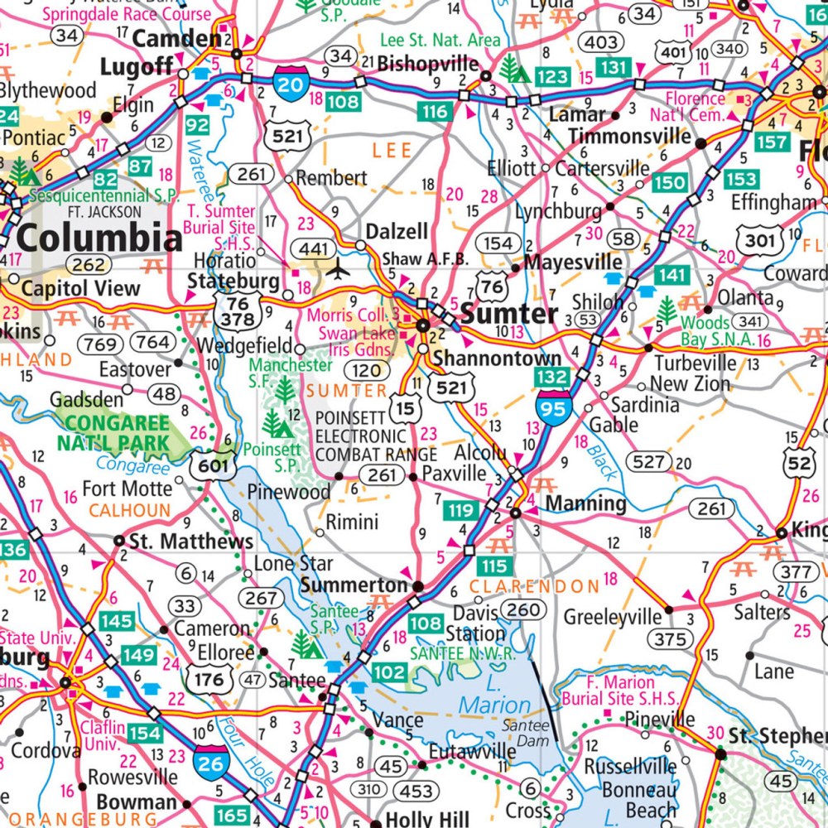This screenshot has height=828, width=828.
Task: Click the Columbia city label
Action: (x=99, y=238)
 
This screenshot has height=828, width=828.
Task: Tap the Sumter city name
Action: (x=509, y=314)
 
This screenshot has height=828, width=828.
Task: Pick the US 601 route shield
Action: (x=212, y=465)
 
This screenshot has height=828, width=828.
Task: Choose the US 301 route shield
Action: (x=759, y=241)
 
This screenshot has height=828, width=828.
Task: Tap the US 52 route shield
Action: (x=799, y=464)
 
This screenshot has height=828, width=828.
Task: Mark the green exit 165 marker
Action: (x=232, y=816)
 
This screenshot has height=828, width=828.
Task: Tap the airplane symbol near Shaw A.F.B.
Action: (x=338, y=269)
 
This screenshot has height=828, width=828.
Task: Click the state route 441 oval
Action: (x=315, y=248)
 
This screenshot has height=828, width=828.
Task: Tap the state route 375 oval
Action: (x=671, y=638)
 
